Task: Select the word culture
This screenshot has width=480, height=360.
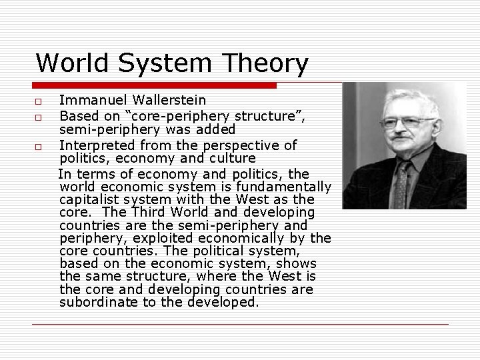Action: (232, 159)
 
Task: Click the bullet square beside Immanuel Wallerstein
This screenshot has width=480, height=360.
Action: (39, 102)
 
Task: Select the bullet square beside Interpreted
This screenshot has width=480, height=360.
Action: (39, 146)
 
